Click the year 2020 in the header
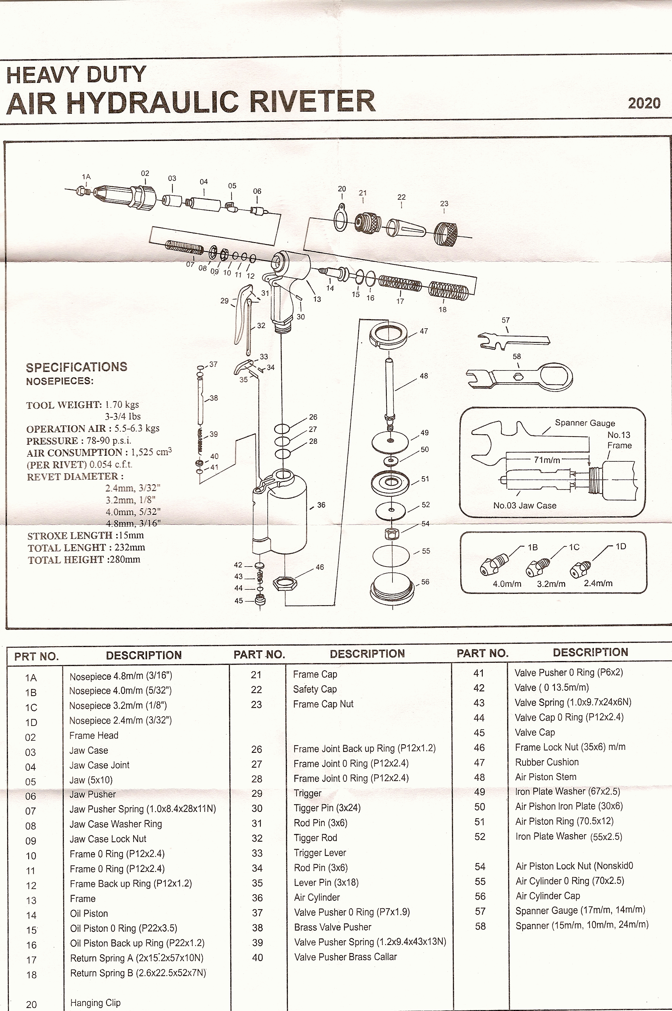(x=644, y=103)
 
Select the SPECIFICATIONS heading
(x=77, y=367)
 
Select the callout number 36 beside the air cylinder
(x=321, y=505)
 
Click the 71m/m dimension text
(x=547, y=460)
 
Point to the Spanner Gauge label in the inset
(x=585, y=423)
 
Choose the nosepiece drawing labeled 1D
(x=580, y=570)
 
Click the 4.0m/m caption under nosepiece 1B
(x=507, y=584)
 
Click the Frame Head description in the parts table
(x=94, y=735)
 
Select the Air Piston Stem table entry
(x=545, y=777)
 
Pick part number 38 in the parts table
(x=257, y=928)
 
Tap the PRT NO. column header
(x=37, y=656)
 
